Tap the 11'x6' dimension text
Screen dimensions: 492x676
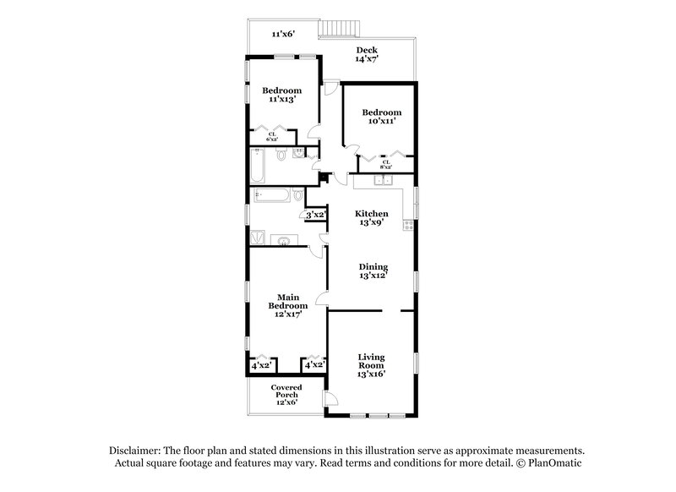282,34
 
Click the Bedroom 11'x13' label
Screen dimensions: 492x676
281,95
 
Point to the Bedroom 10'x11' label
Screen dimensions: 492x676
381,117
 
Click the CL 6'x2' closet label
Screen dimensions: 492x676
272,136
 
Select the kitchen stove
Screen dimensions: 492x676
407,225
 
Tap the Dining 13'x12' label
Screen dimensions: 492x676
372,271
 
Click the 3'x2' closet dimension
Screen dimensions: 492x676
315,215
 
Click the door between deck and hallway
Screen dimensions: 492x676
333,87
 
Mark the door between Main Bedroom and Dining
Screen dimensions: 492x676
321,298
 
